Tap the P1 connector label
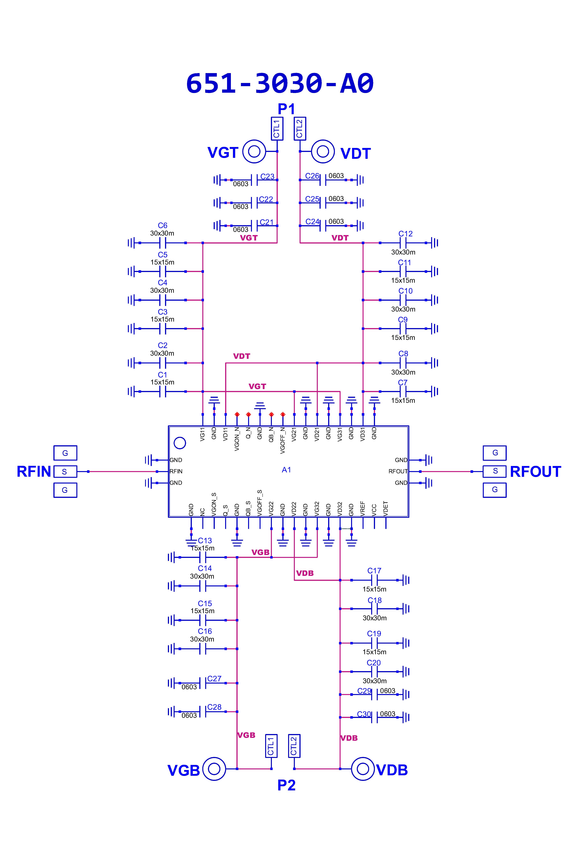click(286, 109)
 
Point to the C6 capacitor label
click(162, 226)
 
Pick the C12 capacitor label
click(405, 234)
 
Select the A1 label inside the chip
click(286, 470)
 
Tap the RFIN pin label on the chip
click(176, 471)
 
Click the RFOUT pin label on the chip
click(398, 471)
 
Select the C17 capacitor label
click(374, 571)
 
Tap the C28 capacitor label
click(214, 707)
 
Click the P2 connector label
click(286, 785)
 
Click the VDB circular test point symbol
click(363, 769)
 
